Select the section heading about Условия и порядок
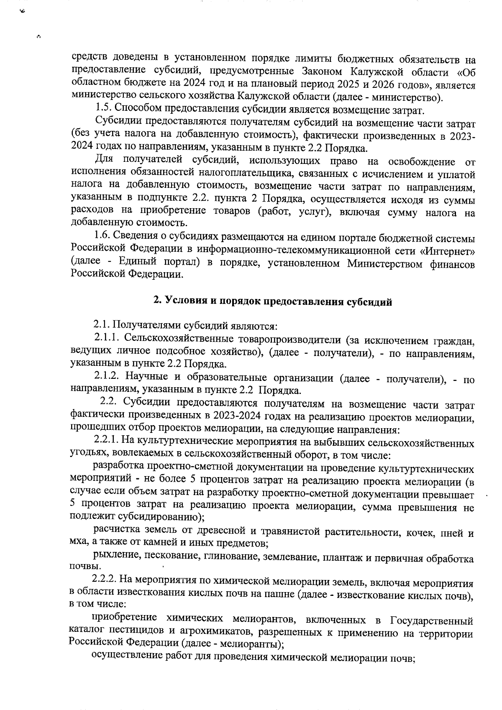click(272, 301)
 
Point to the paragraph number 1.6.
click(103, 238)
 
